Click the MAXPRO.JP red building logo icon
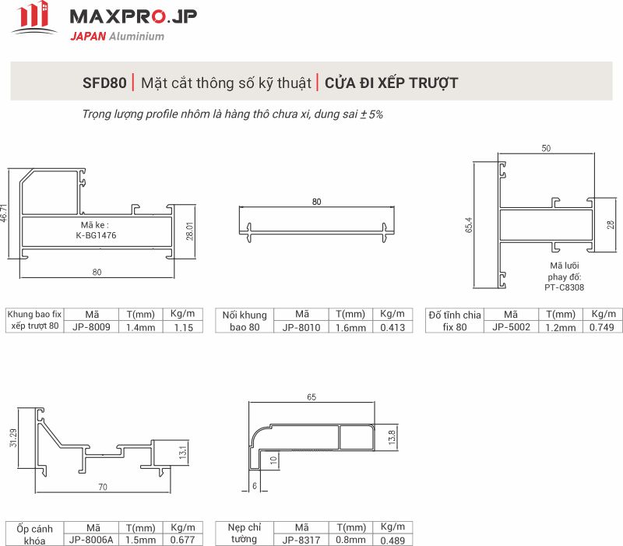(x=34, y=18)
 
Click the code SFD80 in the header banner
(x=104, y=83)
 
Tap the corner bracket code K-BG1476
(x=96, y=235)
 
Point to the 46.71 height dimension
(x=4, y=213)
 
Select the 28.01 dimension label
(x=189, y=231)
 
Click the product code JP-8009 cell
(x=91, y=327)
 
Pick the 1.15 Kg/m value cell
(x=183, y=327)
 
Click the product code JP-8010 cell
(x=301, y=327)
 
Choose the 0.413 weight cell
(x=392, y=327)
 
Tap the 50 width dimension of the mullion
(x=546, y=148)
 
